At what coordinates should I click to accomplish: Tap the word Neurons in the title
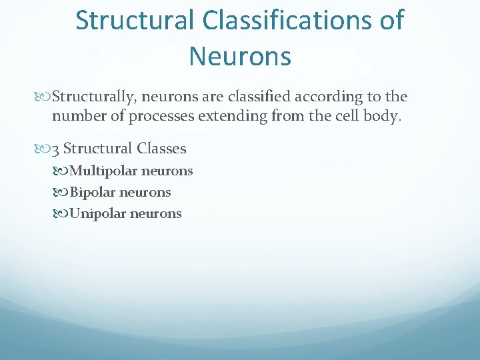(x=240, y=56)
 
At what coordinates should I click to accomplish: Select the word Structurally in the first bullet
(x=95, y=97)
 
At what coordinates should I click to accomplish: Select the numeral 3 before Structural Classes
(x=56, y=148)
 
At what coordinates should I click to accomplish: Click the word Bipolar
(x=92, y=192)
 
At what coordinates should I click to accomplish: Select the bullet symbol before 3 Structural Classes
(x=45, y=149)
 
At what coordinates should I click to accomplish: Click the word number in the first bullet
(x=75, y=117)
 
